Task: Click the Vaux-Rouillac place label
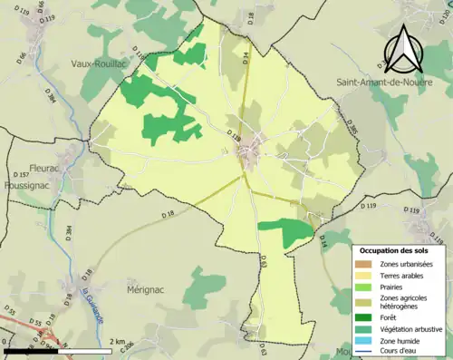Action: [103, 63]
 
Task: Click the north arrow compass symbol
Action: [405, 49]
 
